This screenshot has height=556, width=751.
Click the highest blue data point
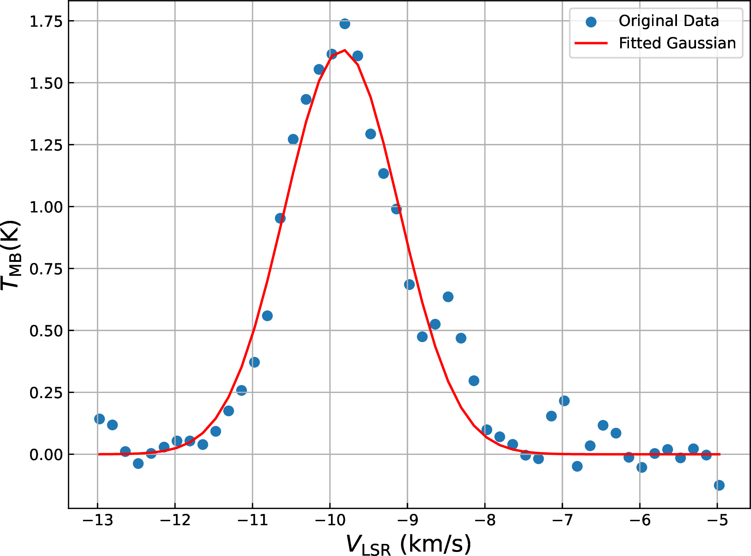tap(345, 24)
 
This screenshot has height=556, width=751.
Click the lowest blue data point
tap(719, 485)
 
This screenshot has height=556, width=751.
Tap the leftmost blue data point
tap(99, 419)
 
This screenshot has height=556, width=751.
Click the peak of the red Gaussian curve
tap(345, 50)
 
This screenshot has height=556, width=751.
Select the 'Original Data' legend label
tap(669, 21)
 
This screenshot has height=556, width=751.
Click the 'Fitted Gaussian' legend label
tap(677, 43)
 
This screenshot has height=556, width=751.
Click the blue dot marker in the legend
tap(591, 22)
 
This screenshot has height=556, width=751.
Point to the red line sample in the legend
tap(591, 43)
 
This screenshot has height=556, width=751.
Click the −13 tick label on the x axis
tap(97, 520)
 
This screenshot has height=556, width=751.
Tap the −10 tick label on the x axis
tap(330, 520)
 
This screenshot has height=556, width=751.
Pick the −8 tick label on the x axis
tap(485, 520)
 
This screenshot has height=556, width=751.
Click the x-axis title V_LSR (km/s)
tap(408, 544)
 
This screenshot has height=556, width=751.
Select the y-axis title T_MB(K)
tap(11, 255)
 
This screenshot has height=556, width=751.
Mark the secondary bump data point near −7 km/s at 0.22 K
tap(564, 401)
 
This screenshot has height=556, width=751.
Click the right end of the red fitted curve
tap(719, 454)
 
